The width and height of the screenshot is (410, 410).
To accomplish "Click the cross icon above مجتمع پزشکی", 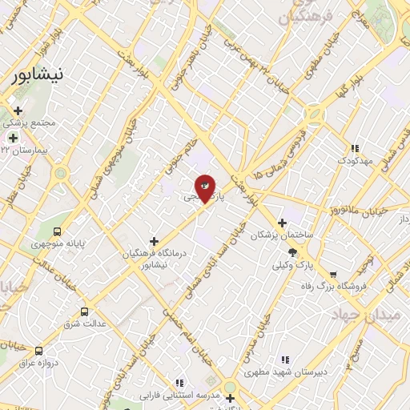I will pyautogui.click(x=18, y=111).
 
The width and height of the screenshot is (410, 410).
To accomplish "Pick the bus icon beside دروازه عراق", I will pyautogui.click(x=38, y=351).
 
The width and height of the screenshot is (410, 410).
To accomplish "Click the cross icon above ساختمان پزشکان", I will pyautogui.click(x=281, y=223).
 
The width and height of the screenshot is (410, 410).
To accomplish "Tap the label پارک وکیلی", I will pyautogui.click(x=290, y=265).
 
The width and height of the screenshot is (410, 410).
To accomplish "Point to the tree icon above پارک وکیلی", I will pyautogui.click(x=292, y=252).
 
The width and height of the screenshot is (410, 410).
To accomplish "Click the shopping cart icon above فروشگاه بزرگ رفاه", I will pyautogui.click(x=333, y=274).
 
